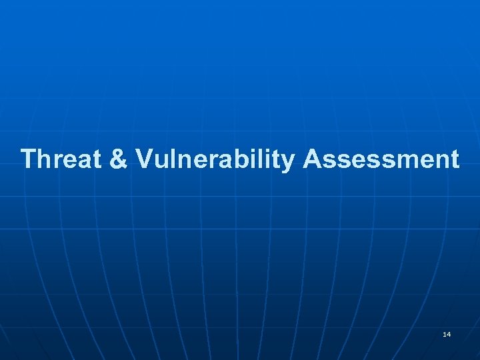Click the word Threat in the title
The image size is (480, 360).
(58, 159)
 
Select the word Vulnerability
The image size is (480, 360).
(215, 159)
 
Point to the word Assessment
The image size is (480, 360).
(381, 159)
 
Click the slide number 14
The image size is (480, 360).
(446, 333)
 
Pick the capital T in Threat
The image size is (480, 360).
(28, 159)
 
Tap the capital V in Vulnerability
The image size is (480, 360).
(144, 159)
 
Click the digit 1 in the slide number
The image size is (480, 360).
(444, 333)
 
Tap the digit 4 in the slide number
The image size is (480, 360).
(448, 333)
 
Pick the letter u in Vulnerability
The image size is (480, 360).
(160, 161)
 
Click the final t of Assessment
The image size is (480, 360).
(455, 160)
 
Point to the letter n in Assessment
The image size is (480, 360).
(441, 161)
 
